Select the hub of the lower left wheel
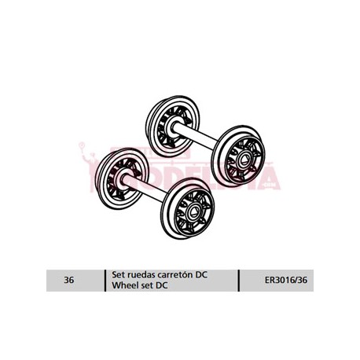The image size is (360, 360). coord(120,178)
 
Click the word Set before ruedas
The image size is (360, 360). coord(116,275)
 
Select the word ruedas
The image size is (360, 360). coord(138,275)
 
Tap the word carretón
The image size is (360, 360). coord(174,275)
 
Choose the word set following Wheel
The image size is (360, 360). coord(144,285)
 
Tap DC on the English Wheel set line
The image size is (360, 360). coord(160,285)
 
